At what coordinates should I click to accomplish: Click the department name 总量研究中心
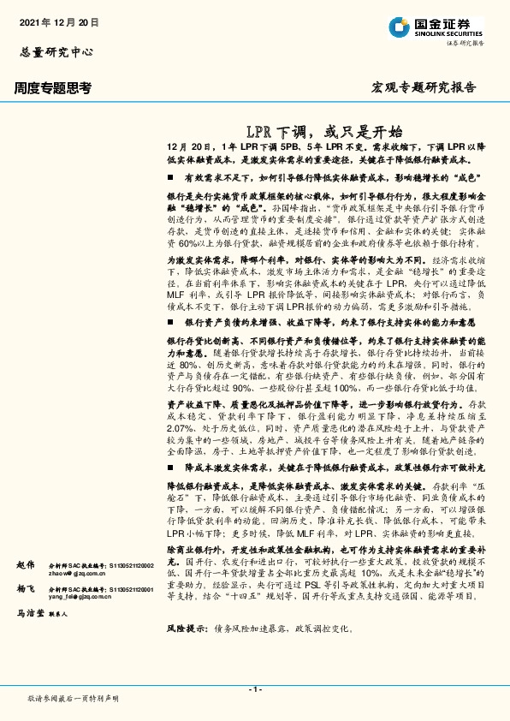(56, 51)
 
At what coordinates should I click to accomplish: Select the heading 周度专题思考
(53, 87)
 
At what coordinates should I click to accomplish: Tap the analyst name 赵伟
(26, 566)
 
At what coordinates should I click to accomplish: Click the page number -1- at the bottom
(254, 688)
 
